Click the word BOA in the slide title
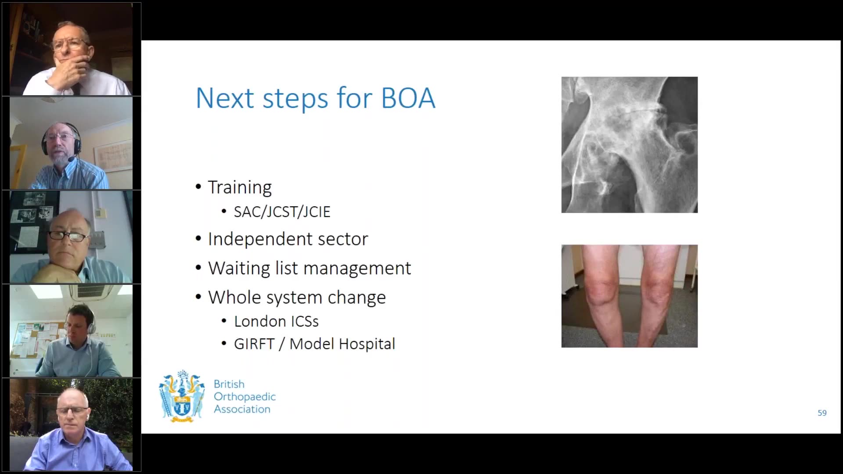pos(408,98)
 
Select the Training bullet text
pos(240,187)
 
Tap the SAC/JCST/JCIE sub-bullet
pos(282,212)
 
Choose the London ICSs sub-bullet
pos(276,321)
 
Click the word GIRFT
pos(254,344)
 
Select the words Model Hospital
pos(342,344)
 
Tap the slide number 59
pos(822,413)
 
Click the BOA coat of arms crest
pos(182,396)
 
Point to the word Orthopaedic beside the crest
pos(245,397)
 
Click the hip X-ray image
pos(629,145)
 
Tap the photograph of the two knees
pos(629,296)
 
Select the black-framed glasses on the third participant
pos(68,236)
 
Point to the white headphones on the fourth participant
pos(91,324)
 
